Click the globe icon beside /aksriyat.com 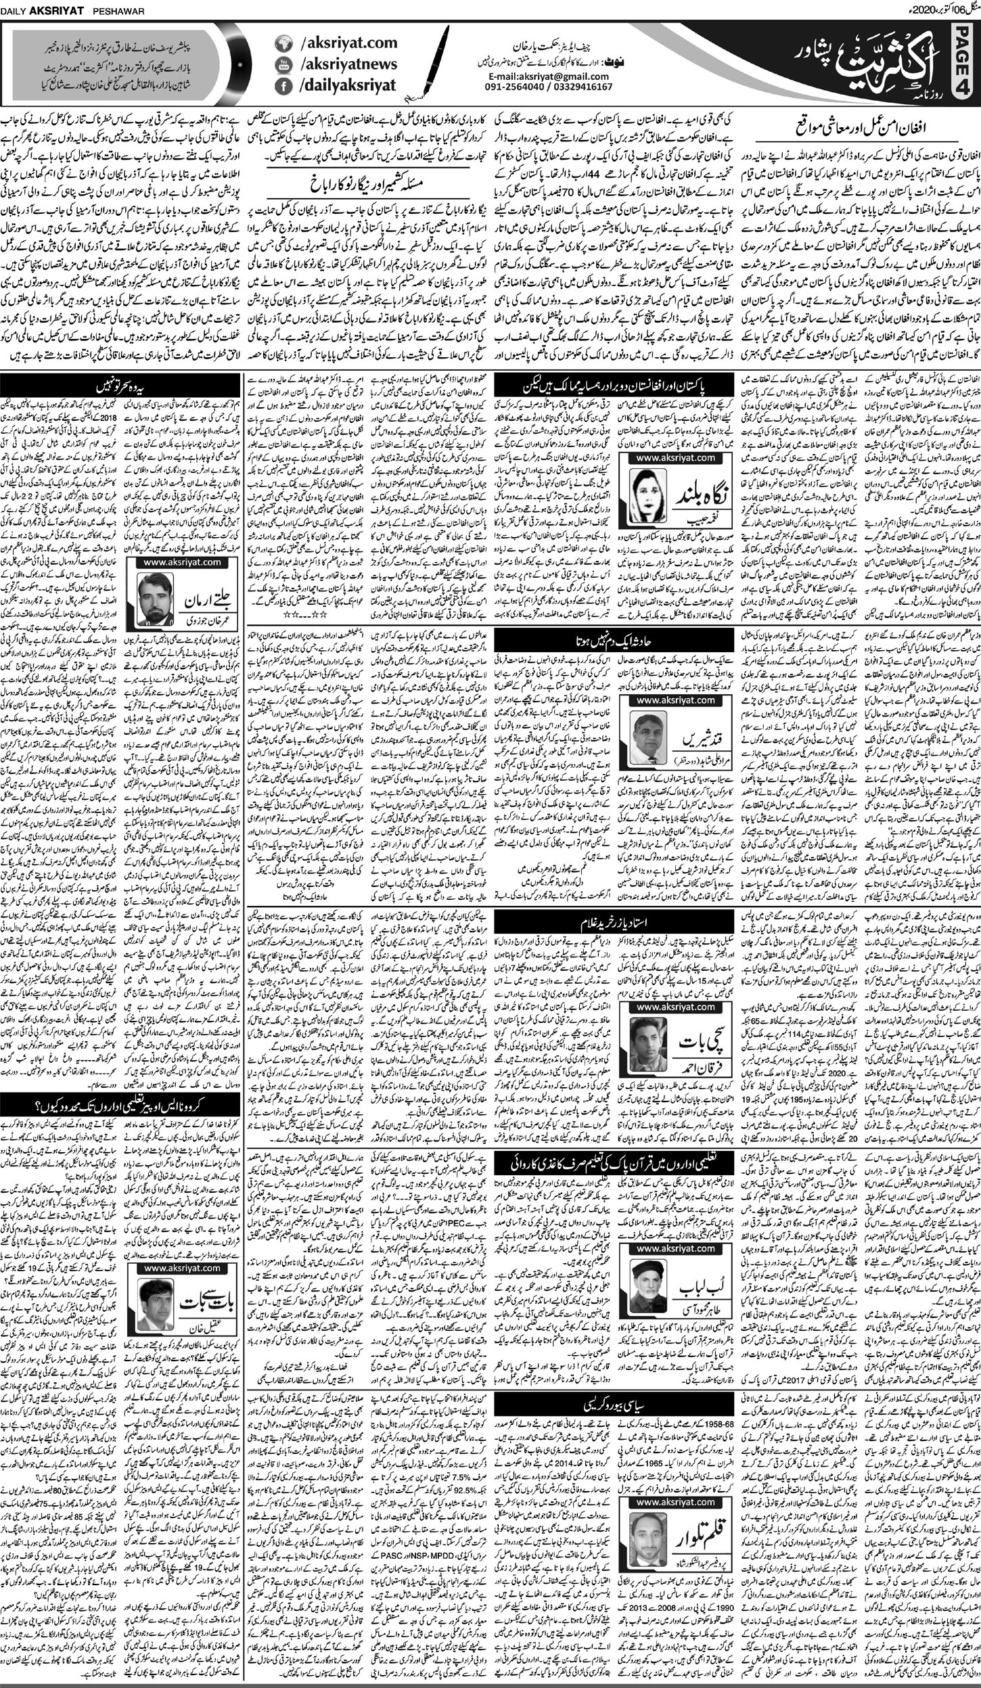click(282, 44)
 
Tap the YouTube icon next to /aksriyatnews click(282, 65)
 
